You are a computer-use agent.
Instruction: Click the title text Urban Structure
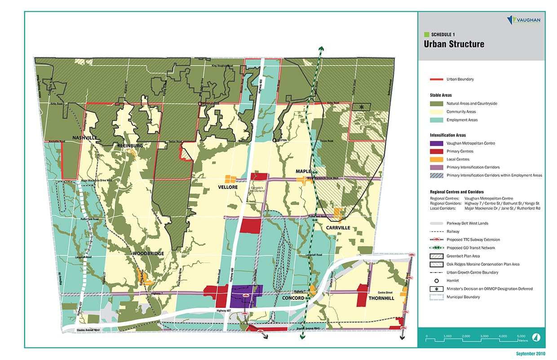(x=454, y=44)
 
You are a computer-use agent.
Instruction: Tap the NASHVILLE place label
(x=85, y=137)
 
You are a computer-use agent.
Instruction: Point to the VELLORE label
(x=228, y=187)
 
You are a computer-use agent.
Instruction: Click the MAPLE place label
(x=303, y=171)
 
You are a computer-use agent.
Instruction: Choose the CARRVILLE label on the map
(x=338, y=228)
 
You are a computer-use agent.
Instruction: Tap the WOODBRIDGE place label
(x=148, y=254)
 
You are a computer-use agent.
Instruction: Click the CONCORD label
(x=293, y=298)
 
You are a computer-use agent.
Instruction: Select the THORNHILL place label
(x=381, y=298)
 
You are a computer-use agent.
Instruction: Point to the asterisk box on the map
(x=361, y=106)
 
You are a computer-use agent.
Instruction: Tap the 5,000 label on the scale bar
(x=522, y=336)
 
